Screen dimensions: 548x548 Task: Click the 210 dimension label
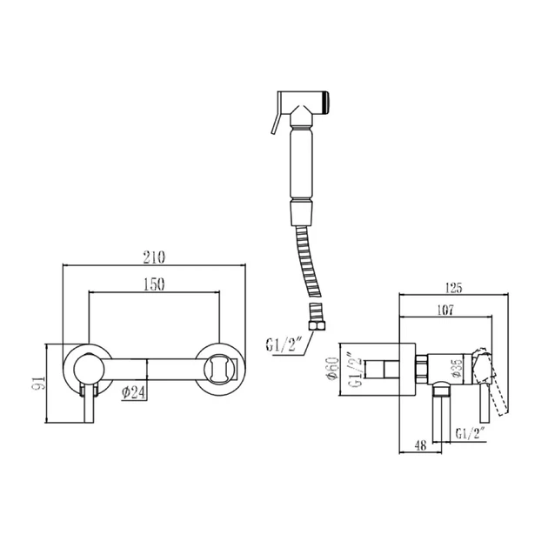pos(154,257)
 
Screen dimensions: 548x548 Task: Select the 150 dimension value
pos(154,284)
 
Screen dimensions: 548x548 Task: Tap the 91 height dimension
pos(39,384)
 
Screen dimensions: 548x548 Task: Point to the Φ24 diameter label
pos(133,393)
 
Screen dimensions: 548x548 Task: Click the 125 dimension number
pos(454,288)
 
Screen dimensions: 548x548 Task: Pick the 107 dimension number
pos(445,310)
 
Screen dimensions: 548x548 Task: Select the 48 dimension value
pos(421,445)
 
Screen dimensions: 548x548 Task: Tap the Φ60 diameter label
pos(332,368)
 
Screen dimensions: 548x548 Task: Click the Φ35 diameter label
pos(458,369)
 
